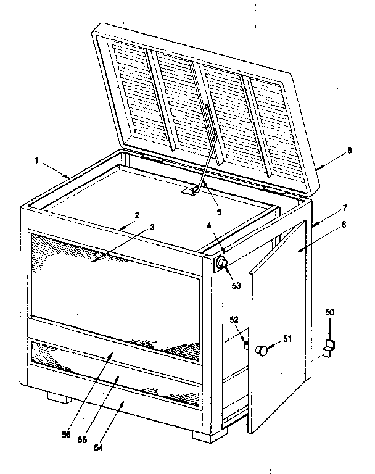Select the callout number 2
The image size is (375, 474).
137,215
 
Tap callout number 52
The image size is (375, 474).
234,320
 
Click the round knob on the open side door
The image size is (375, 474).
263,351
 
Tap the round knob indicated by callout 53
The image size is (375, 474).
221,264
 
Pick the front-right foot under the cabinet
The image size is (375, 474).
204,434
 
